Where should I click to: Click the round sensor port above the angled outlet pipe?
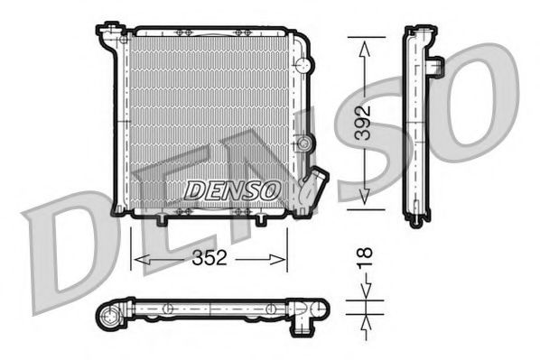coord(308,145)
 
